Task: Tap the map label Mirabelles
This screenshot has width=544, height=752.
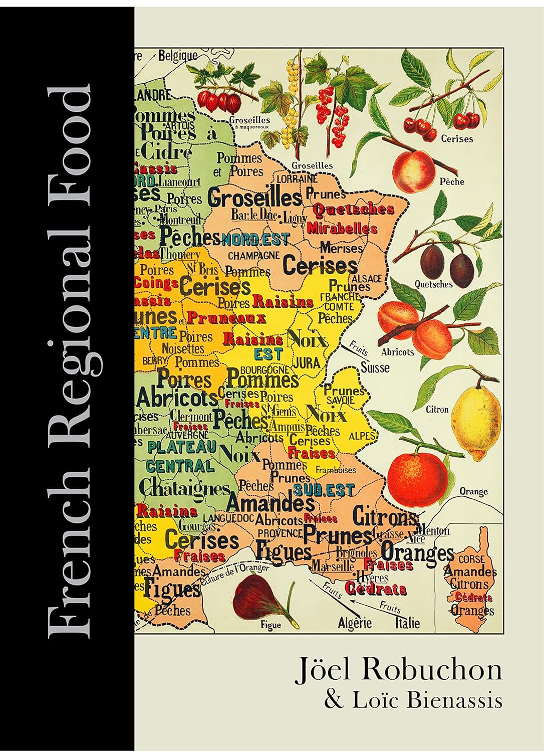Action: click(x=342, y=229)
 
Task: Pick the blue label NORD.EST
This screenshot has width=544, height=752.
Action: click(x=255, y=240)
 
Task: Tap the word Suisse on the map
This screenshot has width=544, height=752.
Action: click(x=375, y=367)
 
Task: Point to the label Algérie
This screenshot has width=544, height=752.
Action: click(x=355, y=623)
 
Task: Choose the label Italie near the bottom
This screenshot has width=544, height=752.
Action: click(x=407, y=623)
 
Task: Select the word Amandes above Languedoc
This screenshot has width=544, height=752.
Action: click(x=271, y=502)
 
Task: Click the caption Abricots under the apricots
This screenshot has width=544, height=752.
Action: click(x=398, y=351)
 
